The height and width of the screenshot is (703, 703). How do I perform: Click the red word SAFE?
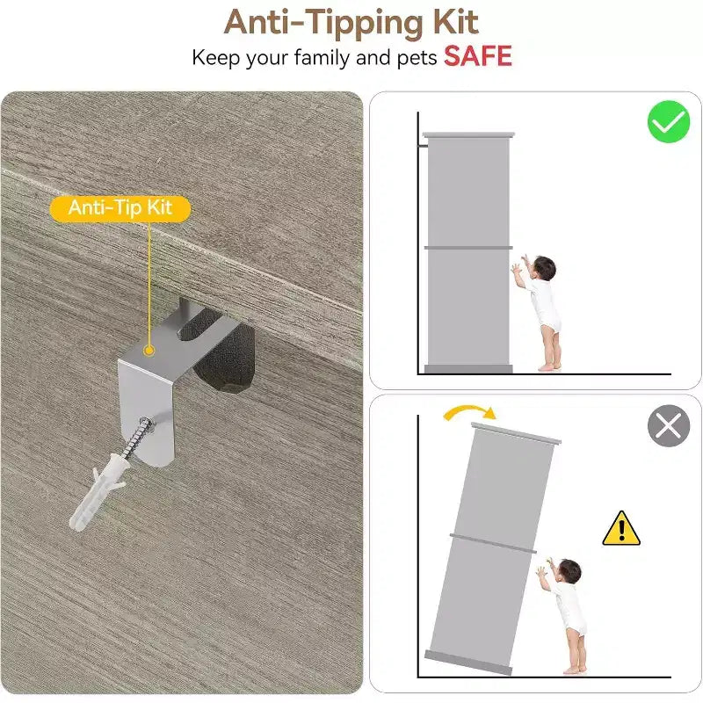tap(477, 56)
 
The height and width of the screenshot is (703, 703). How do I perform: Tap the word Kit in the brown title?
tap(455, 22)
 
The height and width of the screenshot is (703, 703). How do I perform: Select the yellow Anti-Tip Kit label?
tap(120, 208)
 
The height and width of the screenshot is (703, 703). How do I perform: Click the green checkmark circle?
tap(669, 121)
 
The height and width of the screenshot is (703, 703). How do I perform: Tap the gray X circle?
tap(669, 425)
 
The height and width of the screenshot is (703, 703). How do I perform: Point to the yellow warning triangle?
tap(621, 529)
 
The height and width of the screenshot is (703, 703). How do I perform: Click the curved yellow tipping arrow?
tap(468, 409)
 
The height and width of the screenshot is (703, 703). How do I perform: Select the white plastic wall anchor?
tap(98, 492)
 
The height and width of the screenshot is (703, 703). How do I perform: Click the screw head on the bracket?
tap(146, 424)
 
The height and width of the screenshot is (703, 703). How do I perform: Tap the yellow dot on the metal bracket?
tap(149, 351)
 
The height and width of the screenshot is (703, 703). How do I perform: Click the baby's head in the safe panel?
tap(544, 269)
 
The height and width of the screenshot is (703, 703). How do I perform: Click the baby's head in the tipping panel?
tap(569, 571)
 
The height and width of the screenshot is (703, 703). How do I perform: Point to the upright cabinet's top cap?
tap(468, 134)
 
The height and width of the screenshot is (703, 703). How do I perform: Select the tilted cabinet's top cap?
tap(516, 432)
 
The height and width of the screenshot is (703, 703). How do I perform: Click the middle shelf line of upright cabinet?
tap(468, 248)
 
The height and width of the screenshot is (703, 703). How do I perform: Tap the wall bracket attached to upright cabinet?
tap(423, 145)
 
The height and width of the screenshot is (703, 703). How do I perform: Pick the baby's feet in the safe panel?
tap(549, 366)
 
